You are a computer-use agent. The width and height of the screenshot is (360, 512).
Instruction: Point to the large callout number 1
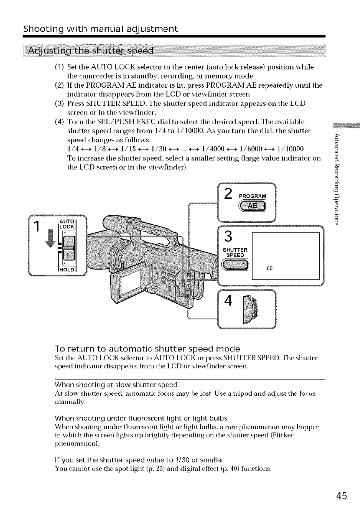(x=39, y=226)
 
